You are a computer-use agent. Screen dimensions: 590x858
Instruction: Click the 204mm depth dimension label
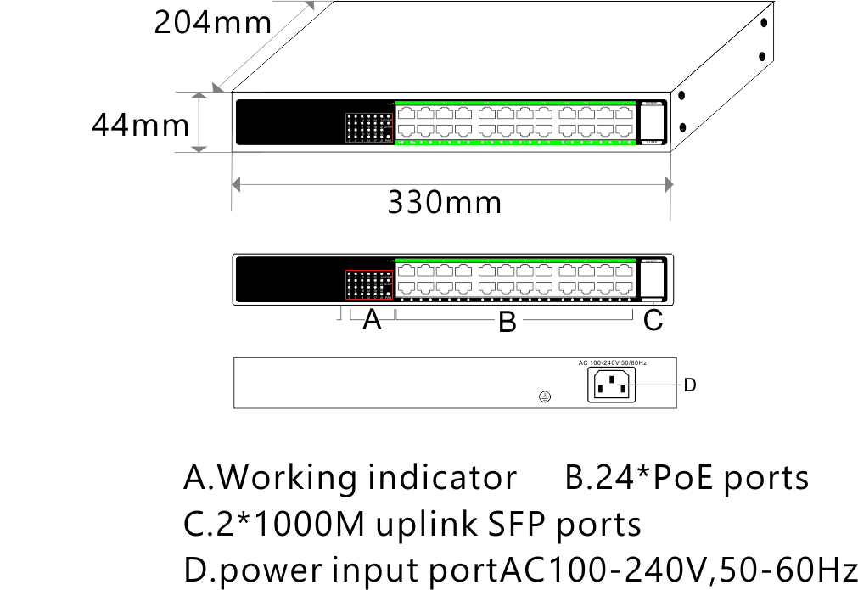click(x=213, y=21)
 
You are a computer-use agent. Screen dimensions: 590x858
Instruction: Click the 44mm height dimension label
click(x=140, y=126)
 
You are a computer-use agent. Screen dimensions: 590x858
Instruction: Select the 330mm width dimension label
click(x=445, y=203)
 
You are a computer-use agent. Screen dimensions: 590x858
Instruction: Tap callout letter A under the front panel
click(x=372, y=321)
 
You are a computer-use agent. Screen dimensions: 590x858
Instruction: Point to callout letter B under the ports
click(x=508, y=323)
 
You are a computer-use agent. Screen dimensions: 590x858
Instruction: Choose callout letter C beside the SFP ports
click(x=653, y=321)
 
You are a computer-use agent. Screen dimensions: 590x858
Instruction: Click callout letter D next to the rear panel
click(x=690, y=385)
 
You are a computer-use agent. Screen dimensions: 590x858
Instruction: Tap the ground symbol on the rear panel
click(x=546, y=396)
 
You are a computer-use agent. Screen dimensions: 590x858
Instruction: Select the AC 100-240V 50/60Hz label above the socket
click(x=613, y=362)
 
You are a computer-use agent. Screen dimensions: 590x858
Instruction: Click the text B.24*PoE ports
click(x=687, y=479)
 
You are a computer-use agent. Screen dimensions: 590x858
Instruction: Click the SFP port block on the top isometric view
click(x=651, y=124)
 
